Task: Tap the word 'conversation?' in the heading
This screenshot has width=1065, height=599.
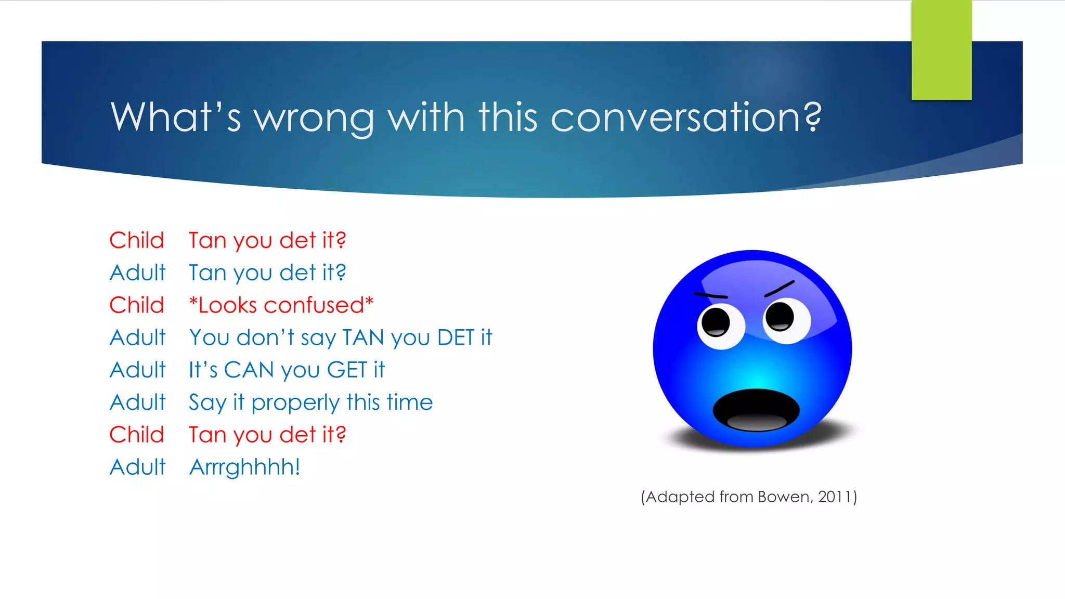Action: (x=686, y=117)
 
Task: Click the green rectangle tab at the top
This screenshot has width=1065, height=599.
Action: (x=941, y=50)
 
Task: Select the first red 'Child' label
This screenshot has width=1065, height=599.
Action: (x=137, y=240)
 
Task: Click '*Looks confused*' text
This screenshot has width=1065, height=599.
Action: (x=281, y=305)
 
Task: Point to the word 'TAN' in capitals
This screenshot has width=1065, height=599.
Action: (x=363, y=337)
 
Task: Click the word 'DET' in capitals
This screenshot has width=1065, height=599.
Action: (x=456, y=337)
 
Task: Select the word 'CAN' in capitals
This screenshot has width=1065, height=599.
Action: (x=249, y=370)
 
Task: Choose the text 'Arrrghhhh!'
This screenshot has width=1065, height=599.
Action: (x=245, y=467)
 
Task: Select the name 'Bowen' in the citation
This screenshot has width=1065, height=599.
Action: (x=784, y=497)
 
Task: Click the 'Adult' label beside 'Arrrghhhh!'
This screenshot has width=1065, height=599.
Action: (x=138, y=467)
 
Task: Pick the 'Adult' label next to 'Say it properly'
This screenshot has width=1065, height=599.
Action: (x=138, y=402)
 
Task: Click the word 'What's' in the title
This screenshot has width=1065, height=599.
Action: (x=176, y=117)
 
